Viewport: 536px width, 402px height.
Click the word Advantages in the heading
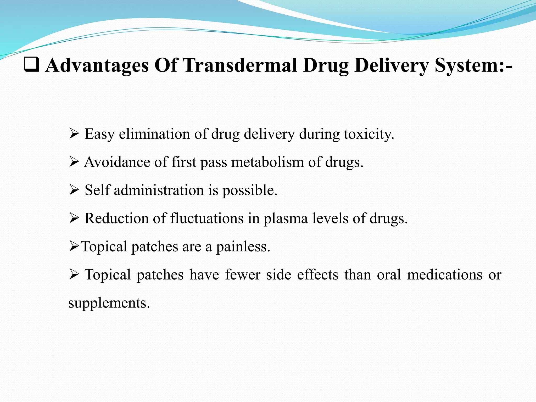point(97,65)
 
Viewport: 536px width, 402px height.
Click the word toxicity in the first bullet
point(368,134)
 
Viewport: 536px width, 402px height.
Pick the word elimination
point(154,134)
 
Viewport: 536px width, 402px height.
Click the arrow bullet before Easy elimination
point(74,134)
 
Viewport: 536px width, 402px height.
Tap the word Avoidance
point(117,162)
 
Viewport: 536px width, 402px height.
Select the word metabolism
point(267,162)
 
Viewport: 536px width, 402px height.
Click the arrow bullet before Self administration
point(74,190)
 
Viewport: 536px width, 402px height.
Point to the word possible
point(250,191)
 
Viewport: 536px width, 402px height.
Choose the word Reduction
point(116,218)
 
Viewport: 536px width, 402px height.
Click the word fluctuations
point(207,218)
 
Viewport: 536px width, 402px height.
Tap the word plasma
point(286,219)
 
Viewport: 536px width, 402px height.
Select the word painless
point(243,247)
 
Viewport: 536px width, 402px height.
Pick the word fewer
point(243,275)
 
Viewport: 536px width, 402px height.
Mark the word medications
point(445,275)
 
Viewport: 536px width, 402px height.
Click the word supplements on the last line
point(109,303)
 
